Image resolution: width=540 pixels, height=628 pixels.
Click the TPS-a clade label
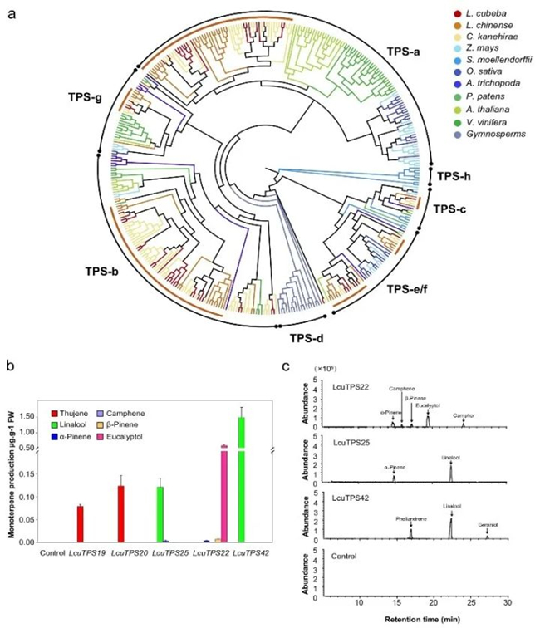pyautogui.click(x=404, y=53)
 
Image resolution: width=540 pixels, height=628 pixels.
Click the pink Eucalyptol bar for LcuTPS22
pyautogui.click(x=223, y=493)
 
